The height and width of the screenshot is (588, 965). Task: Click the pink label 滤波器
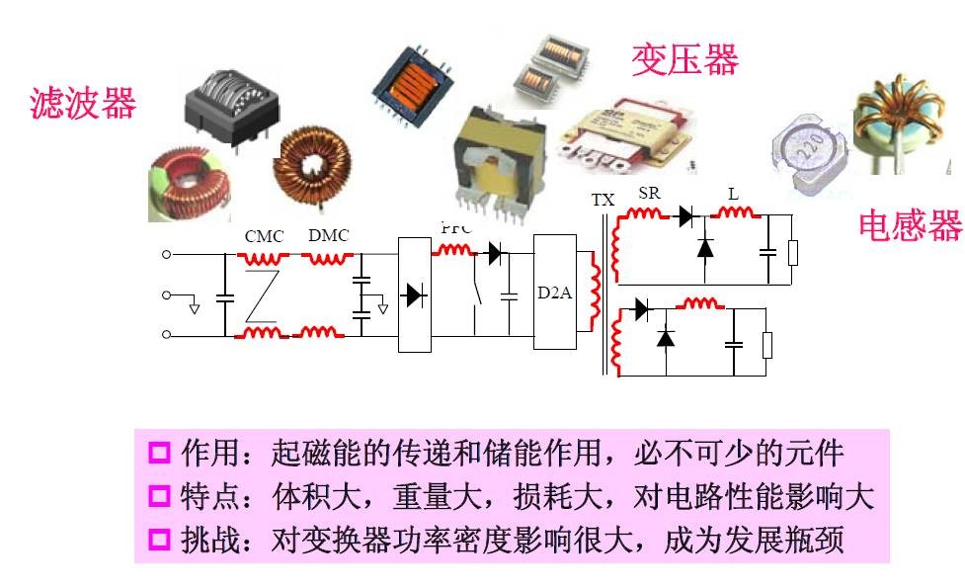pyautogui.click(x=83, y=103)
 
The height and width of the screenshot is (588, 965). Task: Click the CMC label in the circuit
pyautogui.click(x=264, y=236)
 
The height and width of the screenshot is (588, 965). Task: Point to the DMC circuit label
pyautogui.click(x=328, y=235)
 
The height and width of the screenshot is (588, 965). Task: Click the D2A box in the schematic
pyautogui.click(x=554, y=293)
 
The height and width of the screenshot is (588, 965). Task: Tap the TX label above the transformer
pyautogui.click(x=603, y=200)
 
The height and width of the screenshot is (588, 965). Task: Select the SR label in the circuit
pyautogui.click(x=649, y=194)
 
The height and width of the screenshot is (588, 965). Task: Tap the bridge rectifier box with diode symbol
pyautogui.click(x=415, y=294)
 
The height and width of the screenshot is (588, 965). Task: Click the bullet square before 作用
pyautogui.click(x=159, y=454)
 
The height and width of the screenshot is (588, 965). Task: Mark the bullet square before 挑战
pyautogui.click(x=159, y=541)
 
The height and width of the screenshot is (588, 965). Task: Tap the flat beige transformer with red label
pyautogui.click(x=625, y=131)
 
